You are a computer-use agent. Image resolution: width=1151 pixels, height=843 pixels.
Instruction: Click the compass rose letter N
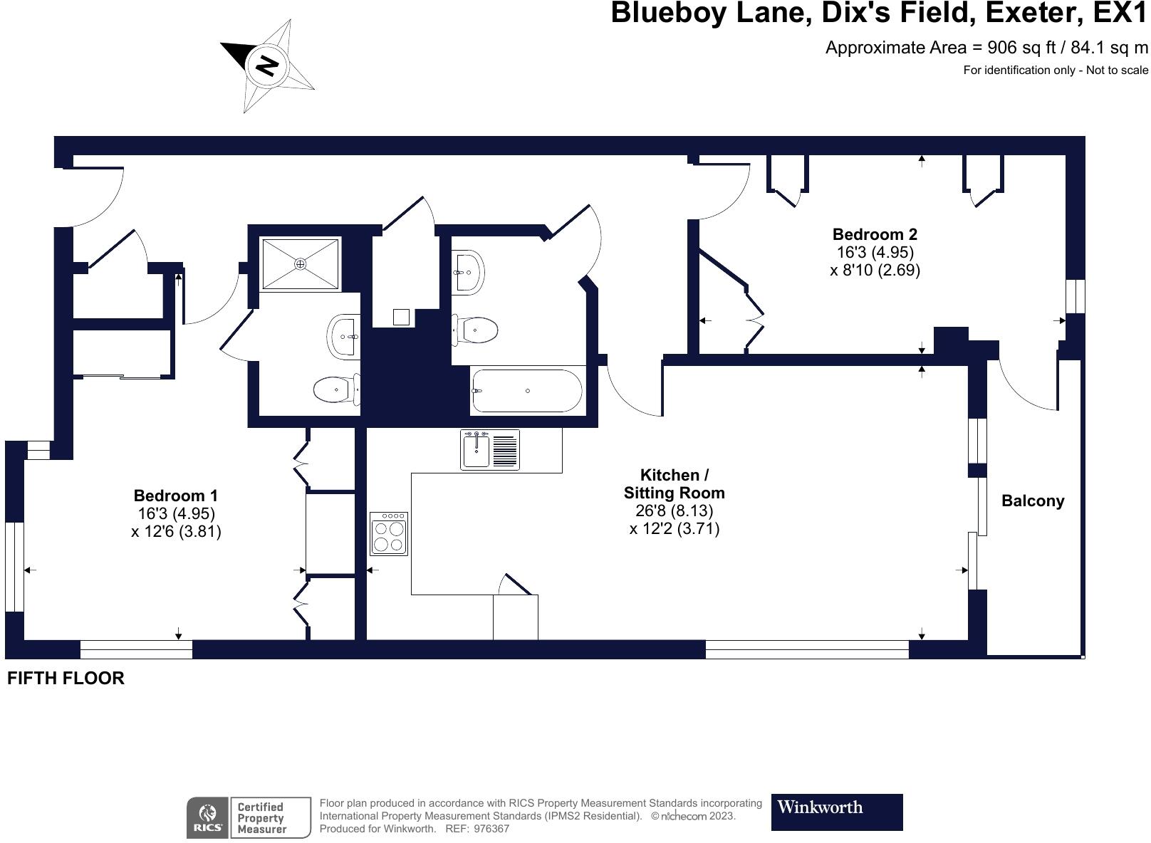(266, 66)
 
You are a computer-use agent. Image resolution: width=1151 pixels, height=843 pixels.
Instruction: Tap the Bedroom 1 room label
(175, 496)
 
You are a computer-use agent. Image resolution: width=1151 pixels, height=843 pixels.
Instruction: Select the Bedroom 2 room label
(875, 234)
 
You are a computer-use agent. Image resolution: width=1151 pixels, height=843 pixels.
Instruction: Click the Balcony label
(1032, 501)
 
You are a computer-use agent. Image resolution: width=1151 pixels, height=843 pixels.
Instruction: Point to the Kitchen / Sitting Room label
(674, 483)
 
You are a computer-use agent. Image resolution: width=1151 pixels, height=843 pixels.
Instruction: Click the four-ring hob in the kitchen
(389, 534)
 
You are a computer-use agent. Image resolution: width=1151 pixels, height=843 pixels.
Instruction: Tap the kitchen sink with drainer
(490, 450)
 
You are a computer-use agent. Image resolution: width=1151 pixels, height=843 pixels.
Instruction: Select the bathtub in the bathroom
(527, 391)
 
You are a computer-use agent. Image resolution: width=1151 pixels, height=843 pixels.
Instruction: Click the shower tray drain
(301, 264)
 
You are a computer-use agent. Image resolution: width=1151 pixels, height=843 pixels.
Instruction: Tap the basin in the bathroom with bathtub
(468, 271)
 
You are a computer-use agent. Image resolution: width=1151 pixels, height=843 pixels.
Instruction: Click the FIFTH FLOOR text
(66, 678)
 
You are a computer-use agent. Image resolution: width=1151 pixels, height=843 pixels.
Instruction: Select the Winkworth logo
(836, 812)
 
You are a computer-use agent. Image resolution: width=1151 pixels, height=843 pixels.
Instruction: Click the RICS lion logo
(208, 817)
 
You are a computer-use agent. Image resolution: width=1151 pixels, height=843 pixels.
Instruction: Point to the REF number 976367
(491, 829)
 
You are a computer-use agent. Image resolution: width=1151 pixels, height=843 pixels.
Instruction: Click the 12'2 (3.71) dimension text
(675, 528)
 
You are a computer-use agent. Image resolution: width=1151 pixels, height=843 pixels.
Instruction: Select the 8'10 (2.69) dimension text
(875, 270)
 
